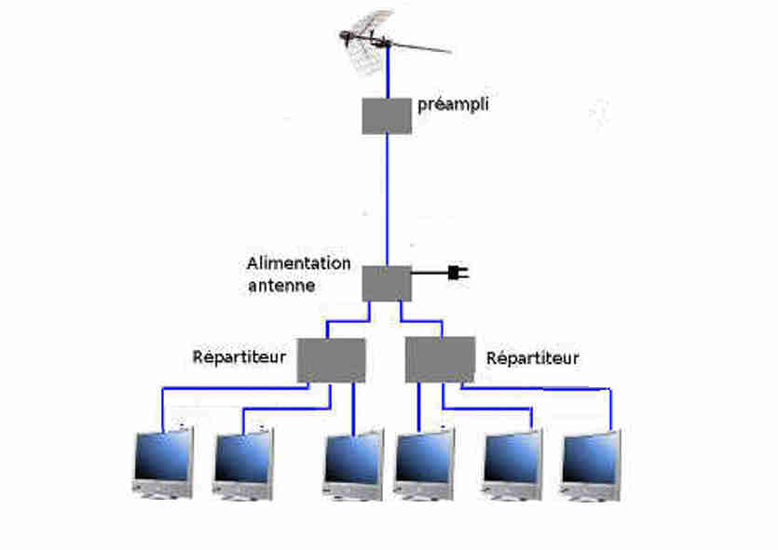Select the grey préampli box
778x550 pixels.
coord(387,116)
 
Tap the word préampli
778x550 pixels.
coord(453,105)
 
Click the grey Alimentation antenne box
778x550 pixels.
coord(387,284)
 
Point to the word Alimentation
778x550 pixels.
coord(299,263)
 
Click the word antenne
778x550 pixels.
coord(281,286)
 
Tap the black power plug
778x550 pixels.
coord(458,273)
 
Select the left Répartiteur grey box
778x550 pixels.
coord(331,360)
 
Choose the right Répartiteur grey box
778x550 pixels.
coord(440,360)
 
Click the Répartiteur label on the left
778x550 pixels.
coord(239,357)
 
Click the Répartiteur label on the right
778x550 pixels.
coord(532,358)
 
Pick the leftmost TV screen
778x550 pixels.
coord(163,463)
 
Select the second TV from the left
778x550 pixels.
coord(243,463)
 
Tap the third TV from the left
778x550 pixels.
coord(353,464)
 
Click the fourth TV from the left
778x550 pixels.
coord(424,464)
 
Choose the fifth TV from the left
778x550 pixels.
coord(512,464)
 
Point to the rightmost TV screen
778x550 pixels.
coord(591,465)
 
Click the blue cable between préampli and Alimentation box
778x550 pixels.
coord(387,200)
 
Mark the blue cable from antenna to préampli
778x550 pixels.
coord(388,72)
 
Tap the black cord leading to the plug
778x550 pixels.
coord(430,273)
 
